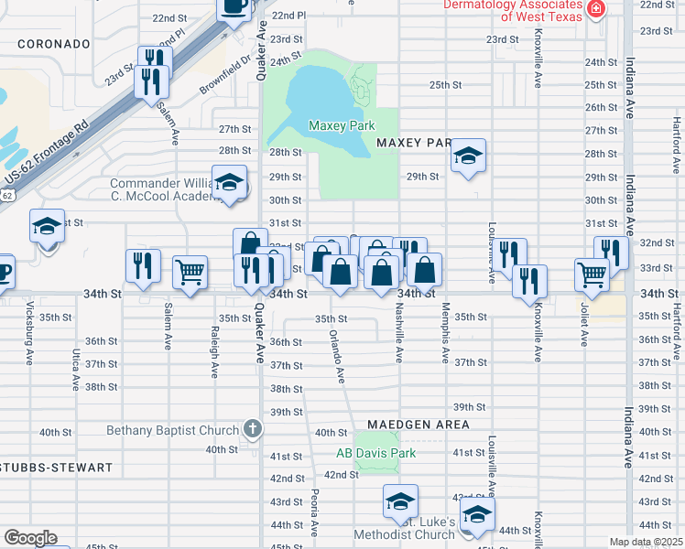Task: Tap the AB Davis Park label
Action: pos(375,453)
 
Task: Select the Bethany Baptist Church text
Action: pos(174,430)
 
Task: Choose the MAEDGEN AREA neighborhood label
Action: pos(419,425)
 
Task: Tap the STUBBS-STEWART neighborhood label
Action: pos(56,468)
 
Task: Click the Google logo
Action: pos(30,538)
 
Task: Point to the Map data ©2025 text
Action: pos(645,543)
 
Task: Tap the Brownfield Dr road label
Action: pos(227,75)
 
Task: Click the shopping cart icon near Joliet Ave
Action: pos(592,273)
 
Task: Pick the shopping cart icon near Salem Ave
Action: pos(190,272)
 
